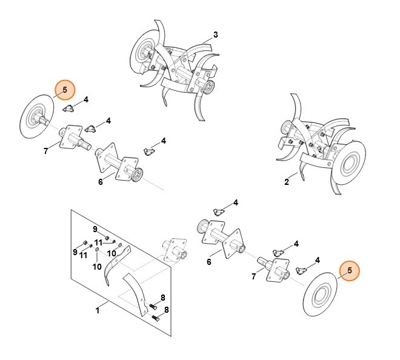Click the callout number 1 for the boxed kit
[97, 311]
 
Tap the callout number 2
[286, 181]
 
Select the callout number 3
[216, 34]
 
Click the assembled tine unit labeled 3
[176, 67]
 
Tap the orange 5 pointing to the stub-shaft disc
[65, 90]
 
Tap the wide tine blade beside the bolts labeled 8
[136, 292]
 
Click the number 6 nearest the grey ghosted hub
[208, 262]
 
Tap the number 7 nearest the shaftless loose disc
[254, 277]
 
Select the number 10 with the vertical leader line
[97, 267]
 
